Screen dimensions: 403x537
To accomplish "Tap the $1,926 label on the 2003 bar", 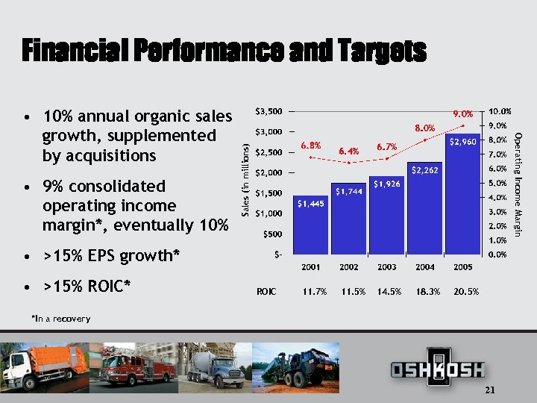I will click(387, 184).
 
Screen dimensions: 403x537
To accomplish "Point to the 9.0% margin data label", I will click(463, 114).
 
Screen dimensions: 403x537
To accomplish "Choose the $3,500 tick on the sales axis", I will click(268, 111).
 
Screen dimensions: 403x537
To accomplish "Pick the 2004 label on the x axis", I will click(425, 267).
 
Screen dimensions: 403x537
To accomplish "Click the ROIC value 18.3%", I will click(426, 291).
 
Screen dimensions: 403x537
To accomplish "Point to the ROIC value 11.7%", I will click(315, 291).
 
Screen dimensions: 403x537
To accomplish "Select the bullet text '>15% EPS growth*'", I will click(112, 256).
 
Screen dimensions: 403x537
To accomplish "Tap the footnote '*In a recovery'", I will click(61, 319).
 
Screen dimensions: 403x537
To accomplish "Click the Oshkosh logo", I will click(438, 368).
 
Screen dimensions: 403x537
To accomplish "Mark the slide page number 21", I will click(490, 391).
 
